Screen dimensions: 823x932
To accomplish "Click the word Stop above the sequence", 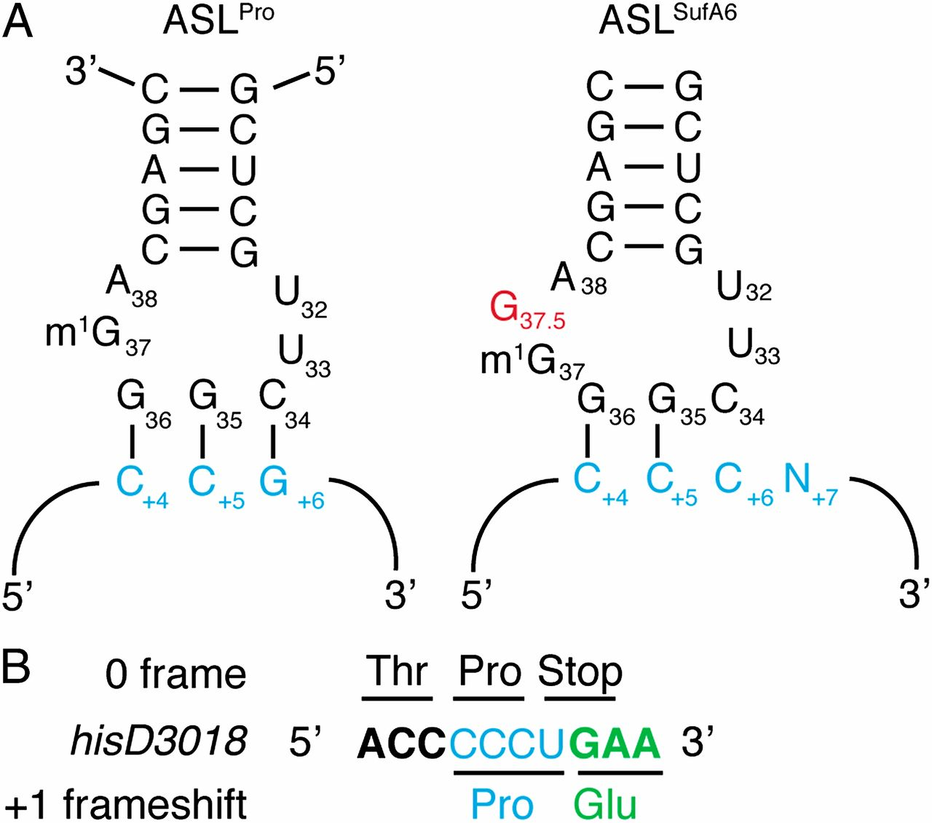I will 580,672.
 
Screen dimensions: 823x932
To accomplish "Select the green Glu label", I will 604,804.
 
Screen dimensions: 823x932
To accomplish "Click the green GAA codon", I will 615,744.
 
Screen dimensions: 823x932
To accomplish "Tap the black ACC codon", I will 401,744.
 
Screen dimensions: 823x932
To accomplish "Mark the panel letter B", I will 15,667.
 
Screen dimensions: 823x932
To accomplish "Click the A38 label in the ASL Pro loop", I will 131,285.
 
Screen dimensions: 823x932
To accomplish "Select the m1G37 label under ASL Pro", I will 98,336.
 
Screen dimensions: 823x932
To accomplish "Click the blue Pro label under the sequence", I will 502,804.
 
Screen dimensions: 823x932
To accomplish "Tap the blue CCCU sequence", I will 508,744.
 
